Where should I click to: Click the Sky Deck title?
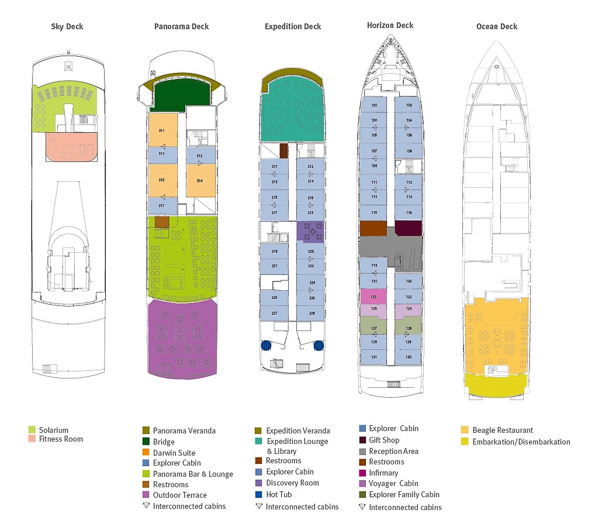67,27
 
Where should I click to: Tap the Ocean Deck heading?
497,27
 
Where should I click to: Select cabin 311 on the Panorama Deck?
162,129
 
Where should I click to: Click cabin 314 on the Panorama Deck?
200,181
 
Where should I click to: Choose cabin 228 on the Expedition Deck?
311,313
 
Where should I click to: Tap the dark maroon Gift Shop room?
408,228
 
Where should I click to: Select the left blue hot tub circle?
267,345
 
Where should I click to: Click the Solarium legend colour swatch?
32,430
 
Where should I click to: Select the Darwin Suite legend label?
174,453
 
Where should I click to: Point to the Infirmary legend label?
383,473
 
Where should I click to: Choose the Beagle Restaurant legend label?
503,431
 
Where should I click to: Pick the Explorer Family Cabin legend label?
404,494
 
